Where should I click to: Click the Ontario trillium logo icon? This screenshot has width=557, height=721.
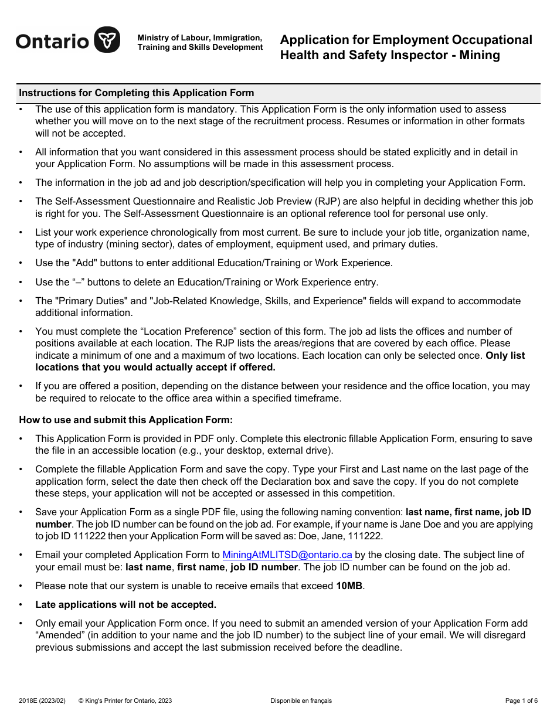click(107, 40)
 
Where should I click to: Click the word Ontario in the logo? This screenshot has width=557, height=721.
click(52, 41)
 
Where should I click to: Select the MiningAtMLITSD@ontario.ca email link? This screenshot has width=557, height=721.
click(287, 555)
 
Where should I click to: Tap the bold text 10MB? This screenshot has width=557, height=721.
click(349, 586)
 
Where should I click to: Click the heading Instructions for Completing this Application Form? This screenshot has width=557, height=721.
click(137, 93)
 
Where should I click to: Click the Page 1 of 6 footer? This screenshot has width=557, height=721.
click(521, 700)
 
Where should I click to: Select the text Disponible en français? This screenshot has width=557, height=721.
click(301, 700)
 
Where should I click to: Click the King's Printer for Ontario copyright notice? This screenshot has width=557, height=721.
click(125, 700)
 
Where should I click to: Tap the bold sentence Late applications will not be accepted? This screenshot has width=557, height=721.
click(125, 604)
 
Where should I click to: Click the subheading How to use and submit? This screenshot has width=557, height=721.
click(126, 420)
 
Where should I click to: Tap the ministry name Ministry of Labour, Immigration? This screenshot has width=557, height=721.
click(199, 38)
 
